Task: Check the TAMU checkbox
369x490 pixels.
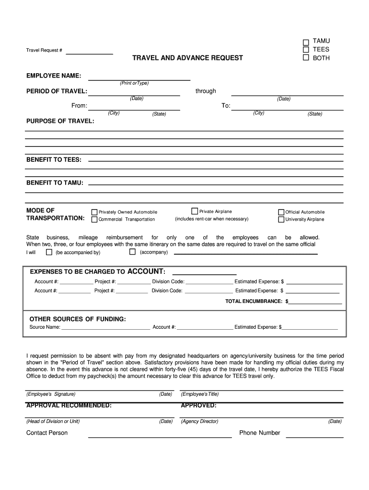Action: coord(306,42)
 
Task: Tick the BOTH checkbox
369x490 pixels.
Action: coord(306,58)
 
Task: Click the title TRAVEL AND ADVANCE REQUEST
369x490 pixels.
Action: coord(187,58)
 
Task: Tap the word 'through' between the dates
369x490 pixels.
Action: coord(206,91)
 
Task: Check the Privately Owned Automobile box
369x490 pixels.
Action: coord(94,212)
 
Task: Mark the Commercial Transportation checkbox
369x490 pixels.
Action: coord(94,220)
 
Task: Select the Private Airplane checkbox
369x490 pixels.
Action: coord(195,211)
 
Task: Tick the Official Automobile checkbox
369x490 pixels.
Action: coord(281,212)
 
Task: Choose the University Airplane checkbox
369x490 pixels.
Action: coord(281,220)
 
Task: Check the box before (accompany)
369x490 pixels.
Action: coord(132,252)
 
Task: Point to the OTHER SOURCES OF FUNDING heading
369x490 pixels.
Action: coord(78,319)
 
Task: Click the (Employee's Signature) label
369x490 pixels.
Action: coord(51,394)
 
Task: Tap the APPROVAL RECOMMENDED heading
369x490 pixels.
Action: coord(69,406)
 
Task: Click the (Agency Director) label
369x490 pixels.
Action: coord(199,422)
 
